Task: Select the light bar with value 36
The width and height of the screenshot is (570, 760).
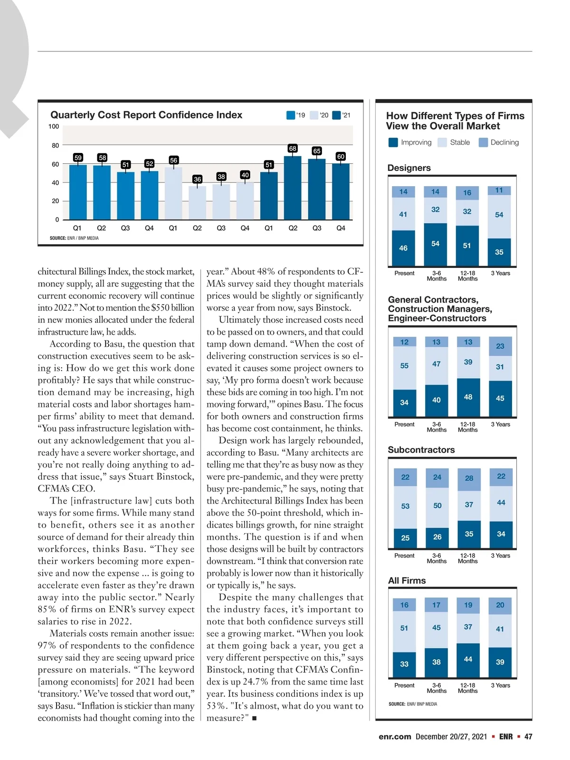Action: pos(197,202)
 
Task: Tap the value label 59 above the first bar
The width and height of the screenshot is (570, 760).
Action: pos(78,157)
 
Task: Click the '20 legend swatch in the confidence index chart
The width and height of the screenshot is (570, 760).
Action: pos(314,115)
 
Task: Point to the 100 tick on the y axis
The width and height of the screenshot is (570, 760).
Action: pos(54,126)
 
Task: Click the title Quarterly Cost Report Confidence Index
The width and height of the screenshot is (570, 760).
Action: pos(146,115)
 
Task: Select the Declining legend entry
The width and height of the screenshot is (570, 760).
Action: pos(499,142)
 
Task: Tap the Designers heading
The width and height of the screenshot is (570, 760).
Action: pos(409,168)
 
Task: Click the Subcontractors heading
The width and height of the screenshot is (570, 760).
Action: pos(421,450)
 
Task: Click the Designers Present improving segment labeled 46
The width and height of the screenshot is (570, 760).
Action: pos(403,248)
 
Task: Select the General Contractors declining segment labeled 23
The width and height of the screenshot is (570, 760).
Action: pos(500,346)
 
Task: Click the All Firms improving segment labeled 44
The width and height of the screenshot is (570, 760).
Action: pos(468,659)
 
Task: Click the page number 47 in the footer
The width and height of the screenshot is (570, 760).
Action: pos(528,737)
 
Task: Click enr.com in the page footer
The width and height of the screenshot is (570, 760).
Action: pos(395,737)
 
